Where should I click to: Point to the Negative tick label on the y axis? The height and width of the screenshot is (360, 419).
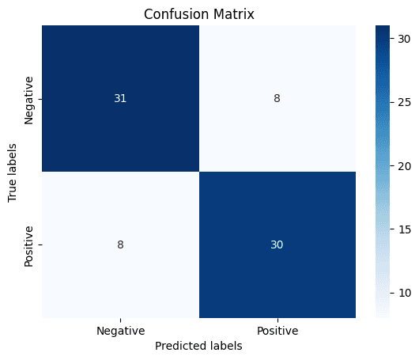(x=29, y=99)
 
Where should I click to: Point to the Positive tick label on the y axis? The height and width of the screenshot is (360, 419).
(x=29, y=244)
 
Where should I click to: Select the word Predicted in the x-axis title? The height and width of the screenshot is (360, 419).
(x=179, y=346)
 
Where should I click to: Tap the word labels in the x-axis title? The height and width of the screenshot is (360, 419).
(x=223, y=346)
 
